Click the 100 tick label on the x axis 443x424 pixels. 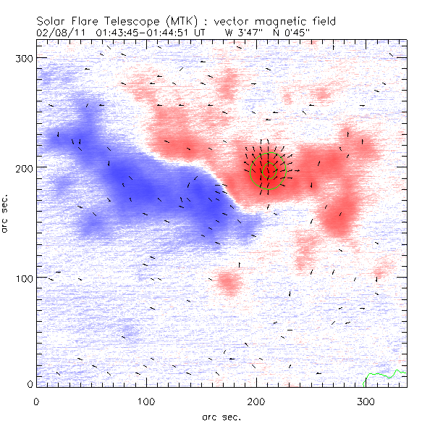147,400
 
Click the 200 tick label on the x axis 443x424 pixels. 257,400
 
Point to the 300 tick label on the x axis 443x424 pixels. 367,400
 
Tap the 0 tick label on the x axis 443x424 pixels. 36,400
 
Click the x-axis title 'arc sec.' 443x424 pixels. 221,416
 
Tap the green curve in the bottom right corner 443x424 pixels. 384,375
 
